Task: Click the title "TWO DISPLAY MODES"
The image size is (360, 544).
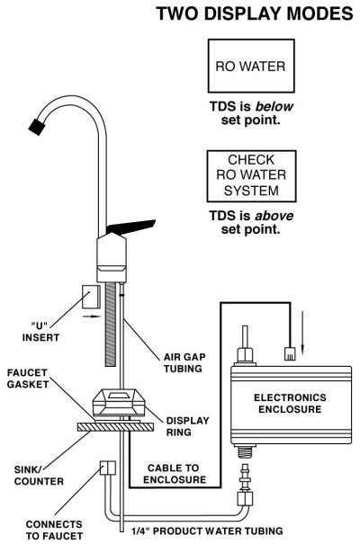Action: coord(255,13)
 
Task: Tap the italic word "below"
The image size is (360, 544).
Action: coord(274,106)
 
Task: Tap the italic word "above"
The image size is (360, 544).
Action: coord(274,216)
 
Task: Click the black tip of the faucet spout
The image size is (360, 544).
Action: coord(37,127)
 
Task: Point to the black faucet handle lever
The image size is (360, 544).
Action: coord(131,227)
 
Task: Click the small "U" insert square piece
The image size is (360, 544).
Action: coord(91,297)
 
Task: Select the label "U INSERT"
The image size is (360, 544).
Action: coord(40,332)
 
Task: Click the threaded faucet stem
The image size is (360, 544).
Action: coord(111,325)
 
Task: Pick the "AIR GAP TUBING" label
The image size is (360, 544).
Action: coord(184,362)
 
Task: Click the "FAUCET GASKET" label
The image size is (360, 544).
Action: coord(28,379)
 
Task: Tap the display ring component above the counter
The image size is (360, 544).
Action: coord(119,403)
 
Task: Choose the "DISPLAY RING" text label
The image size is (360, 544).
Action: coord(187,426)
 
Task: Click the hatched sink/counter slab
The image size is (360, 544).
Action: coord(115,427)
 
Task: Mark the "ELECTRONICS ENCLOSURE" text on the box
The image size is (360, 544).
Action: coord(290,403)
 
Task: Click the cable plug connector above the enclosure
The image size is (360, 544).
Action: coord(290,353)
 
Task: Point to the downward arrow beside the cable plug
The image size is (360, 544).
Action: coord(302,333)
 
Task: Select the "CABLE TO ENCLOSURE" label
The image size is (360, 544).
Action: coord(175,474)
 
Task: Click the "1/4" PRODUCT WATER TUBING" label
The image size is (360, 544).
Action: coord(207,531)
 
